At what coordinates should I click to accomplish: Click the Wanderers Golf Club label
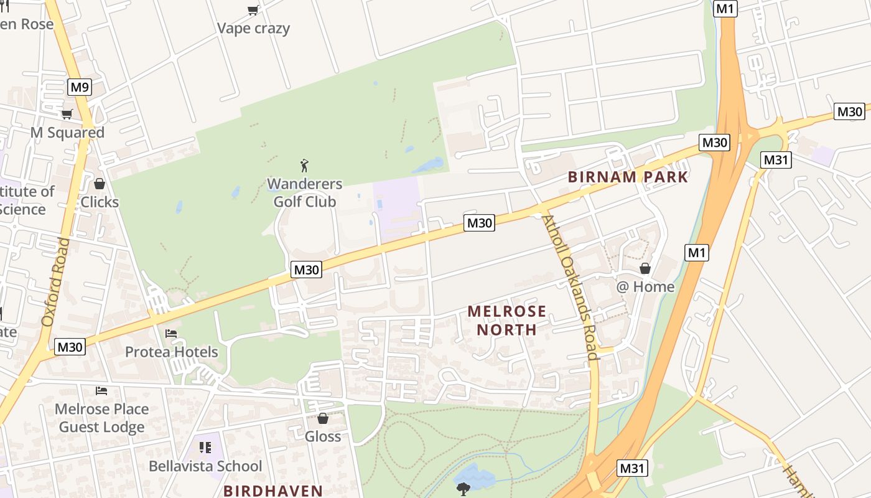(x=305, y=193)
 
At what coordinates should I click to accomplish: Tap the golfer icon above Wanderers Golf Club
(x=304, y=166)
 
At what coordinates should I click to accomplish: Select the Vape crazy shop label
(x=253, y=29)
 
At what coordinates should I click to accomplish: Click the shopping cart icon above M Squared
(x=67, y=114)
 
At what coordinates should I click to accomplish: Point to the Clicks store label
(x=100, y=202)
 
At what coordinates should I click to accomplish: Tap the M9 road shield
(x=79, y=87)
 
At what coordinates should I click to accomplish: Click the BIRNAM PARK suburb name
(x=628, y=177)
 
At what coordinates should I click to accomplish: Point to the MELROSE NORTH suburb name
(x=506, y=320)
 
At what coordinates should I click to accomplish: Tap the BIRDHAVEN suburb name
(x=273, y=491)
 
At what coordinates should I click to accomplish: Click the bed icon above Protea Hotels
(x=171, y=334)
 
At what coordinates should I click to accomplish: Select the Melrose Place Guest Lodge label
(x=102, y=418)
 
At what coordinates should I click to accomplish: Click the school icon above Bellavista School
(x=205, y=448)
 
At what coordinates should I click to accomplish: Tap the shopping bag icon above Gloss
(x=323, y=418)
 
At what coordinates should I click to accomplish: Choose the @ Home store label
(x=645, y=287)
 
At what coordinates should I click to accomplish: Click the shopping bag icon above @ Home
(x=645, y=268)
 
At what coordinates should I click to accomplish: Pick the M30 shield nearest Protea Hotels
(x=70, y=347)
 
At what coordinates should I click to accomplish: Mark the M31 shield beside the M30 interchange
(x=776, y=160)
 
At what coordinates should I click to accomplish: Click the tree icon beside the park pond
(x=463, y=489)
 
